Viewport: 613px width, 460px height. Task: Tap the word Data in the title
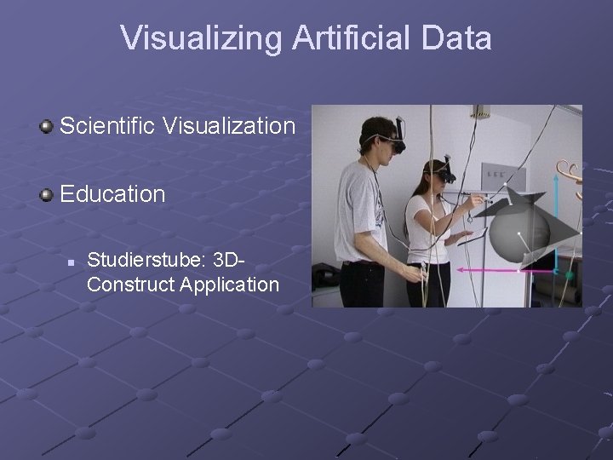[x=455, y=38]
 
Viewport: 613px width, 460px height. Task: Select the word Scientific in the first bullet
[x=106, y=127]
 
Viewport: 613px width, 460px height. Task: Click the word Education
[x=112, y=193]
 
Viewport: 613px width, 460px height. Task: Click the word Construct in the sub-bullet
[x=130, y=284]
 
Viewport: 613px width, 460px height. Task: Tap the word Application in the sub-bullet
[x=229, y=284]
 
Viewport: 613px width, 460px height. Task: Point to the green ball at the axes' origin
[x=569, y=275]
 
